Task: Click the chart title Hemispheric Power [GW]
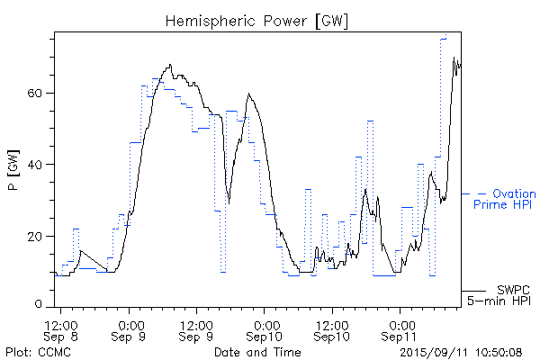(256, 20)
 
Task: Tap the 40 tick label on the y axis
(39, 165)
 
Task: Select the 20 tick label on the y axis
(39, 236)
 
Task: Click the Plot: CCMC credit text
(35, 352)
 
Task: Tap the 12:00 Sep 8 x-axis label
(61, 329)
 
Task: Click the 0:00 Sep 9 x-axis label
(130, 329)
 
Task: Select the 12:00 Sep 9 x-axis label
(196, 329)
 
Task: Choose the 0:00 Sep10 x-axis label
(265, 329)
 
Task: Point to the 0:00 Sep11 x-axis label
(400, 329)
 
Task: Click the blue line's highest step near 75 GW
(444, 38)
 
